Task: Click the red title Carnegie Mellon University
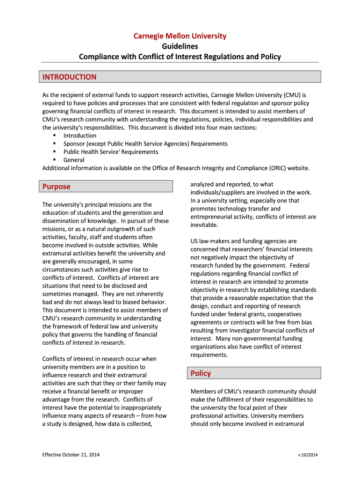(x=180, y=36)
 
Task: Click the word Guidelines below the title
(x=180, y=46)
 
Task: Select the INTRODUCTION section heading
(x=69, y=77)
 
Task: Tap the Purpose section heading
(x=56, y=187)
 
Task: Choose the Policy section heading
(x=201, y=373)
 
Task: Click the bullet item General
(x=74, y=160)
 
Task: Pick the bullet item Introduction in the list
(x=80, y=136)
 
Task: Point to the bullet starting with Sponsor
(x=145, y=144)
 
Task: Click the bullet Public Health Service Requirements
(x=111, y=152)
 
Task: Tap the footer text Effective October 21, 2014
(x=71, y=455)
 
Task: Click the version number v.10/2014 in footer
(x=308, y=455)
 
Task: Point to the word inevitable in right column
(x=204, y=225)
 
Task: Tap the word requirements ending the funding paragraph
(x=209, y=355)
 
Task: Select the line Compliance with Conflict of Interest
(x=180, y=57)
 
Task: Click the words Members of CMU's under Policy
(x=213, y=392)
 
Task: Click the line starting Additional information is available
(x=176, y=168)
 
